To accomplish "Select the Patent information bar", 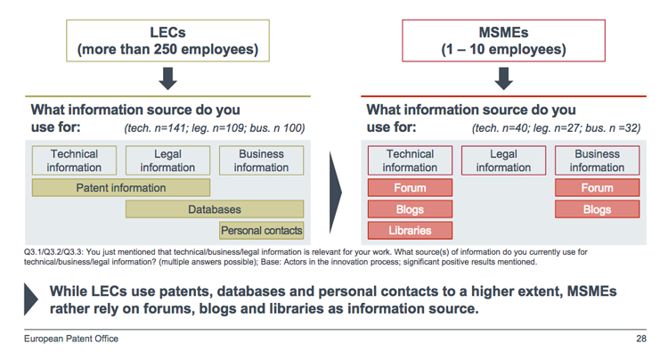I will click(120, 188).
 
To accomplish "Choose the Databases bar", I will click(214, 209).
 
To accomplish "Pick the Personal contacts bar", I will click(261, 231).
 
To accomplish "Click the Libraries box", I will click(410, 231).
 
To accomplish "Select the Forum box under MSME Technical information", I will click(410, 188).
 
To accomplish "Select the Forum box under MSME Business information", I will click(597, 188).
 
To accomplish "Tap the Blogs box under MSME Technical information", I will click(410, 209).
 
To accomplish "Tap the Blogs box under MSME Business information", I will click(597, 209).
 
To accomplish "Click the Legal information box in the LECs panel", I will click(167, 160).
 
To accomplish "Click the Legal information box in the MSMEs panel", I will click(503, 160).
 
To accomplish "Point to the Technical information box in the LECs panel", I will click(74, 160).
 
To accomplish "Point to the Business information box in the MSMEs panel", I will click(597, 160).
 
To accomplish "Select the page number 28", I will click(640, 340).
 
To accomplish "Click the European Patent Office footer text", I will click(70, 340).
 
